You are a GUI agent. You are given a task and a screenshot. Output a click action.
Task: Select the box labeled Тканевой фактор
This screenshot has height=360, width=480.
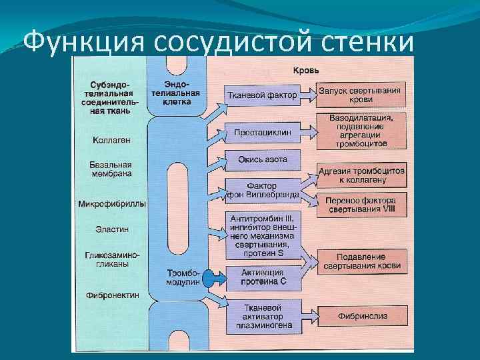pyautogui.click(x=262, y=95)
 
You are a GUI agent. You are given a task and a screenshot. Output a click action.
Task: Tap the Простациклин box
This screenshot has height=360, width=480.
pyautogui.click(x=263, y=133)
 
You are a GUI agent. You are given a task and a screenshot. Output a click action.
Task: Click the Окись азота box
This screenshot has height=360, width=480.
pyautogui.click(x=263, y=160)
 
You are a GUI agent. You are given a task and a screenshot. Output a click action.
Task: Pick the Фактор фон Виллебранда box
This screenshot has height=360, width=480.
pyautogui.click(x=263, y=190)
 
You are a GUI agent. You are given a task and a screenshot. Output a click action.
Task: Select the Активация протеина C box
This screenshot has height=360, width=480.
pyautogui.click(x=263, y=277)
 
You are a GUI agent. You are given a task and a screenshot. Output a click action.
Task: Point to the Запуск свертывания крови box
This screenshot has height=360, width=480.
pyautogui.click(x=359, y=95)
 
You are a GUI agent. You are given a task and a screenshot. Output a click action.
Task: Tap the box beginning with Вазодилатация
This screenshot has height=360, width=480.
pyautogui.click(x=361, y=131)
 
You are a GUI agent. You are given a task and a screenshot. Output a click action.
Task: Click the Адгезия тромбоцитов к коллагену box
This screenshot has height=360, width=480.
pyautogui.click(x=361, y=175)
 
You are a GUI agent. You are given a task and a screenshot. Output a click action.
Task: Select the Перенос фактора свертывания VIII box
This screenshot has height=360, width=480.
pyautogui.click(x=361, y=205)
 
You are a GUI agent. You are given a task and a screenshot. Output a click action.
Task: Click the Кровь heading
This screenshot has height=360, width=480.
pyautogui.click(x=306, y=70)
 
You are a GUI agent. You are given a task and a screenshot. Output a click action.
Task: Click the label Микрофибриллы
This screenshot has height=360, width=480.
pyautogui.click(x=111, y=203)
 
